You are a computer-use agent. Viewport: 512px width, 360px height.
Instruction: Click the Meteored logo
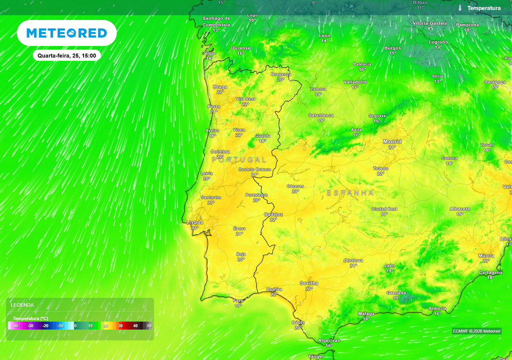point(66,33)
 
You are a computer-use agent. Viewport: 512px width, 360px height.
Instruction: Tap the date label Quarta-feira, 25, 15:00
point(66,55)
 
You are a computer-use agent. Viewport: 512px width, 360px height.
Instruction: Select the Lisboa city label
point(194,222)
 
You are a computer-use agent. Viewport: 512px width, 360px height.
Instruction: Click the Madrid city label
point(392,141)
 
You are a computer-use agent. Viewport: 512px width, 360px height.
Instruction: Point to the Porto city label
point(214,106)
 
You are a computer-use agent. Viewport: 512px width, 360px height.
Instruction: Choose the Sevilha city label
point(308,283)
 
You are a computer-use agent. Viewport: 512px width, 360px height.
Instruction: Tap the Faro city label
point(238,300)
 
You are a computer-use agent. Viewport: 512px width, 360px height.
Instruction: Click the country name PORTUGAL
point(239,159)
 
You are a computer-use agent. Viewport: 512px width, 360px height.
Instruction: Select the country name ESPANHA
point(350,192)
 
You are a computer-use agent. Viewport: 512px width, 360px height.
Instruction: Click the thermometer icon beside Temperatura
point(460,8)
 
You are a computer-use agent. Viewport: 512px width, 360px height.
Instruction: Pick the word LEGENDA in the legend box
point(22,304)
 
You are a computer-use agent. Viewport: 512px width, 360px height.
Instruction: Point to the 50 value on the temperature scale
point(149,326)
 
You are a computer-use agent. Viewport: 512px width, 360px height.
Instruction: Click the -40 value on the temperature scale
point(15,326)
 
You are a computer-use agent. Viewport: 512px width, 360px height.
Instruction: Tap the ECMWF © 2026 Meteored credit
point(476,331)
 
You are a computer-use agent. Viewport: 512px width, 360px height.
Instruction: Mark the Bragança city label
point(281,74)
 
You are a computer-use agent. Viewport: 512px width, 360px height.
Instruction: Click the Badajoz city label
point(273,214)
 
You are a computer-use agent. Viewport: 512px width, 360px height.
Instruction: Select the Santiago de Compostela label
point(216,21)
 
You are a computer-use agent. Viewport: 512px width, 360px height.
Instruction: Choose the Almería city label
point(437,308)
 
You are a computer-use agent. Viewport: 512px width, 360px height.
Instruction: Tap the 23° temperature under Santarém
point(211,202)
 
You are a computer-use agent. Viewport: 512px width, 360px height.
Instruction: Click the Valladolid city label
point(355,81)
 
